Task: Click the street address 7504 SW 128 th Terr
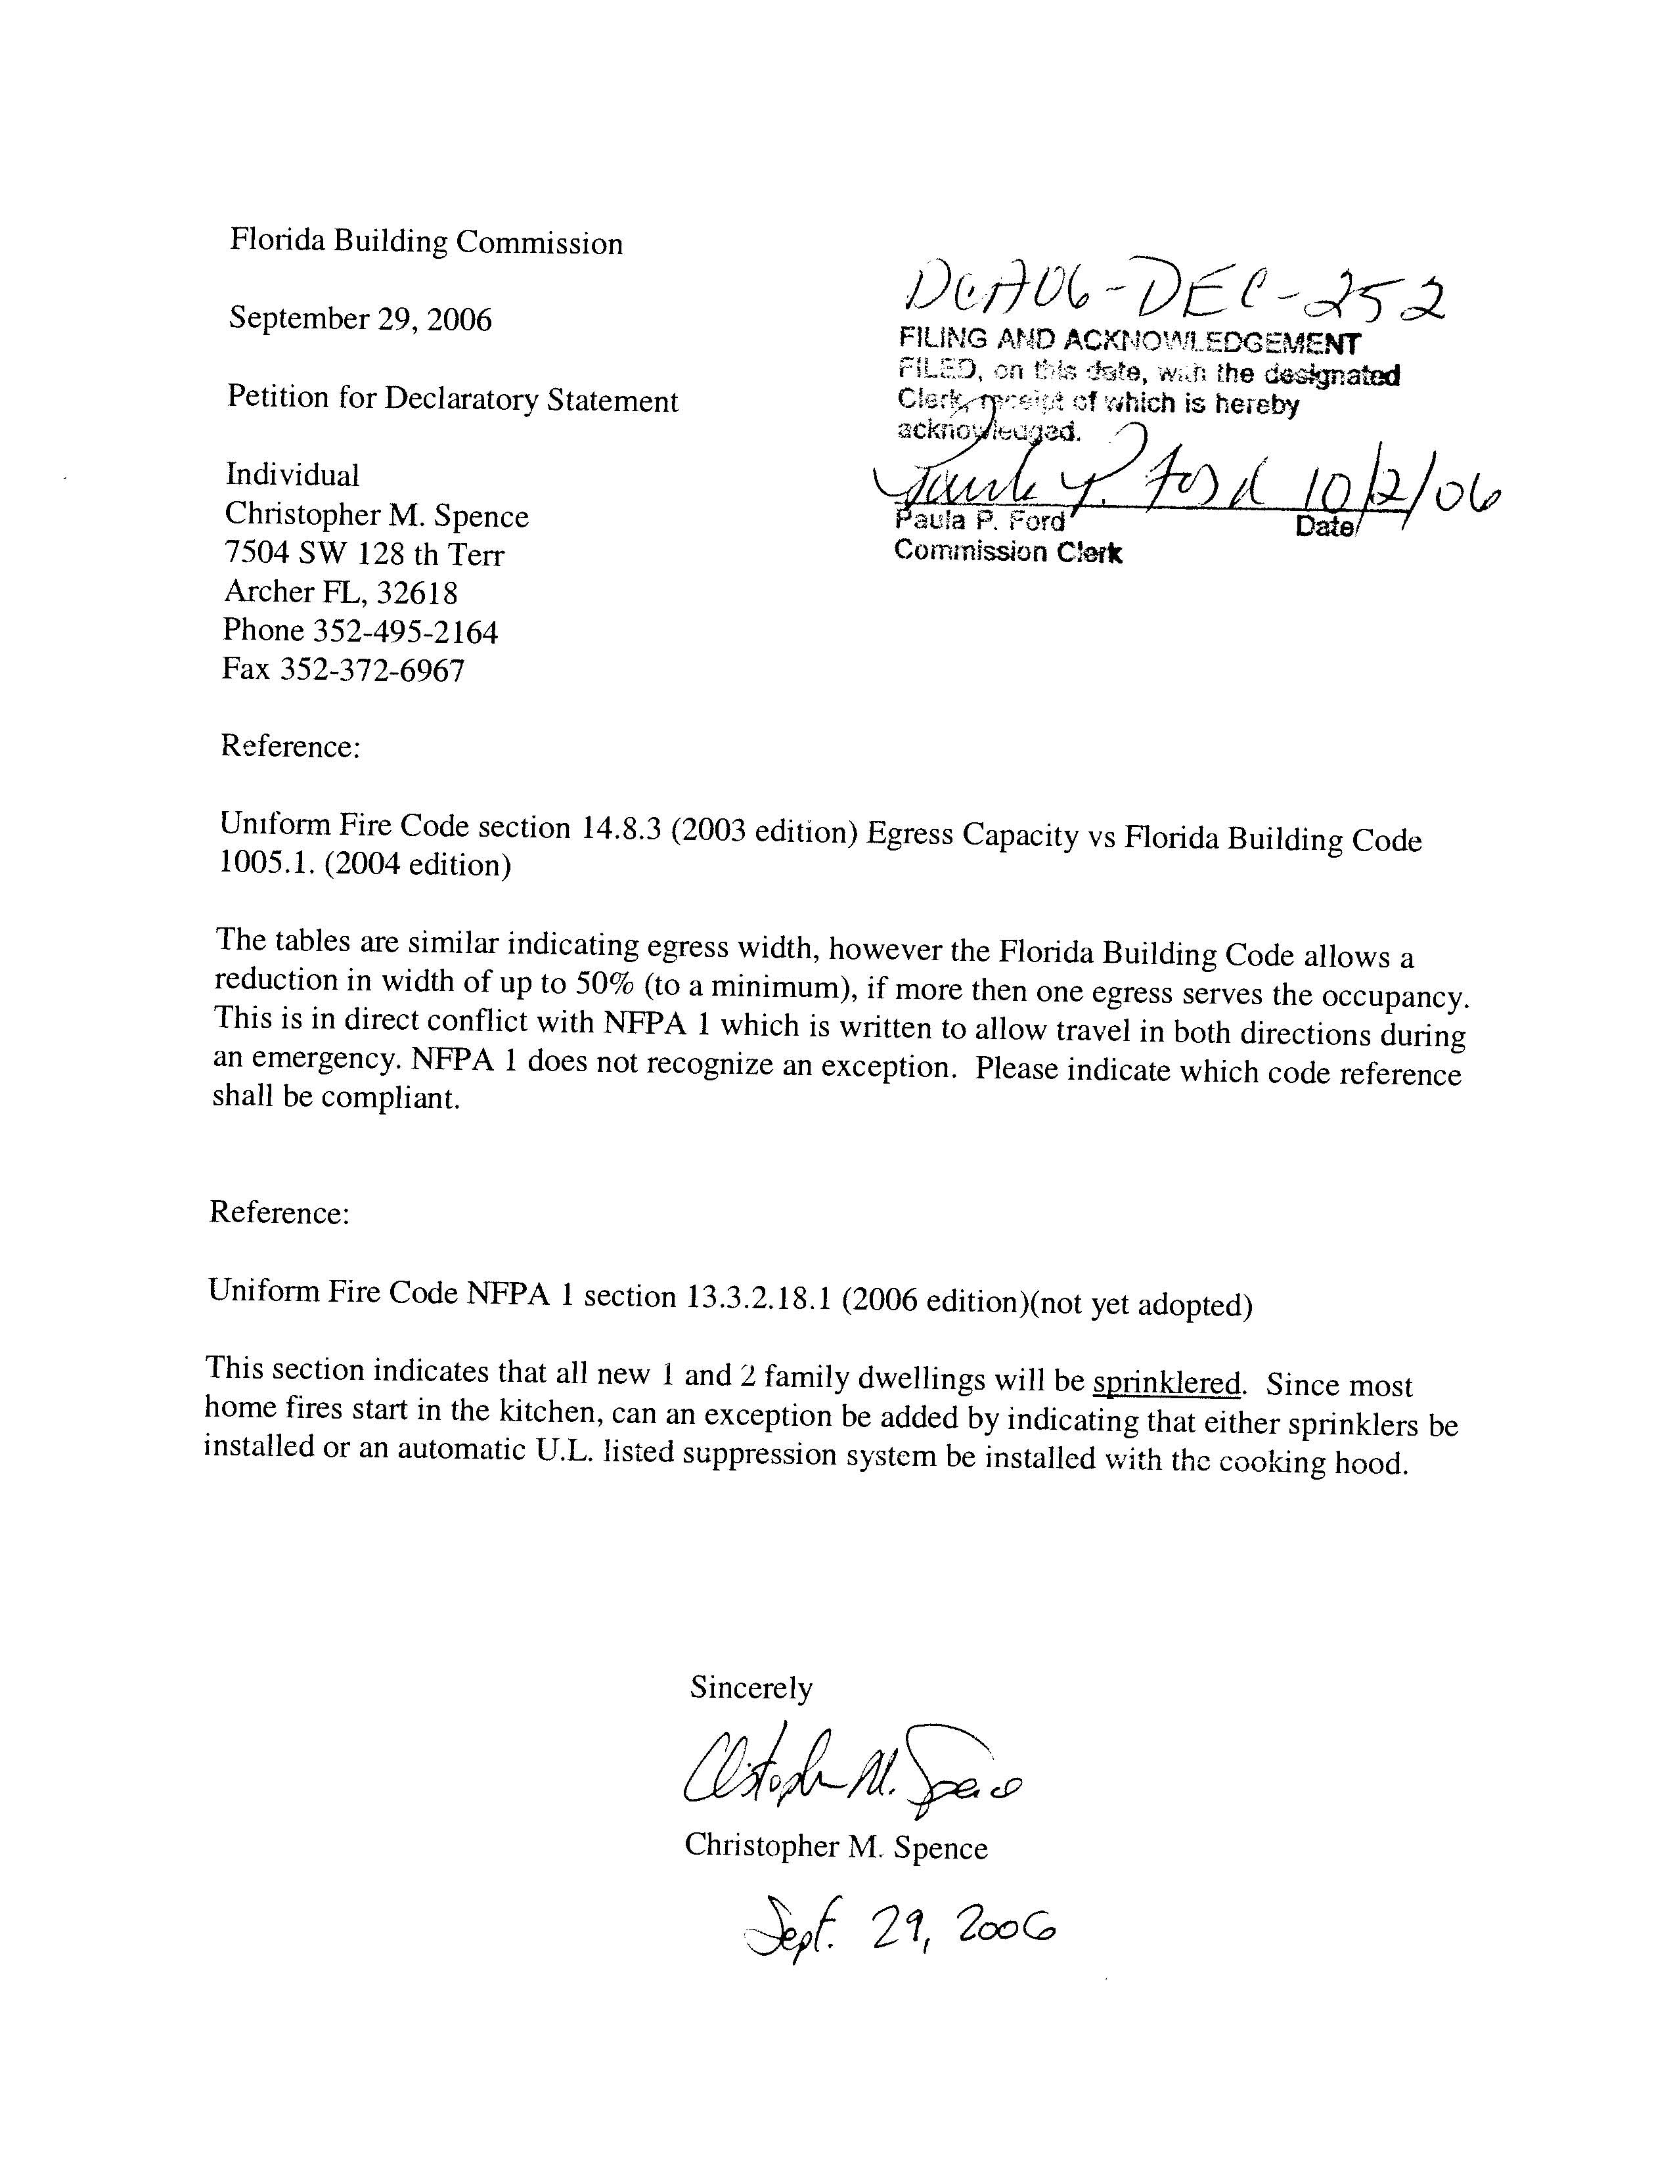(364, 554)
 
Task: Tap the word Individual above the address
(292, 475)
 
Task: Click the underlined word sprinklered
(1167, 1382)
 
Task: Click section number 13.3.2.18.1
(757, 1298)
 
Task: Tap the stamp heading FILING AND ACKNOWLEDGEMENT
(1130, 342)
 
